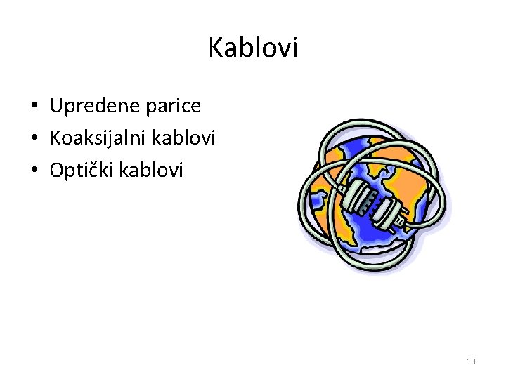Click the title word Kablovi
point(253,48)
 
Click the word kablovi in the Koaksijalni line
point(188,138)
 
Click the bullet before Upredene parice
point(34,107)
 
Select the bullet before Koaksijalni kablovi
point(34,138)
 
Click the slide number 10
point(471,361)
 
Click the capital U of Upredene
point(57,106)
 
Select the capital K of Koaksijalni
point(56,138)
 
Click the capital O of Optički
point(58,170)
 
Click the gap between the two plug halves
point(375,199)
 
